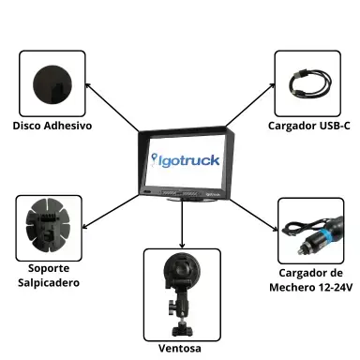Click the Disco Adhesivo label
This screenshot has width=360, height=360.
pos(52,126)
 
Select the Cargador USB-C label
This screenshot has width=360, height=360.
pos(308,126)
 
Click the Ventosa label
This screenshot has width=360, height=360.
pos(181,348)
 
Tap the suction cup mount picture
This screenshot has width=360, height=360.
pos(181,286)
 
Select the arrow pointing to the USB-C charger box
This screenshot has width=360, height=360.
pos(248,105)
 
